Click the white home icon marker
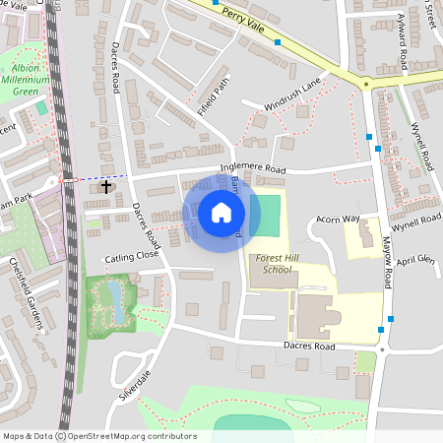tap(221, 212)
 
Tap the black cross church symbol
tap(106, 186)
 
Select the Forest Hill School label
tap(272, 263)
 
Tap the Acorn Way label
tap(338, 218)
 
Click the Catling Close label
tap(132, 256)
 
